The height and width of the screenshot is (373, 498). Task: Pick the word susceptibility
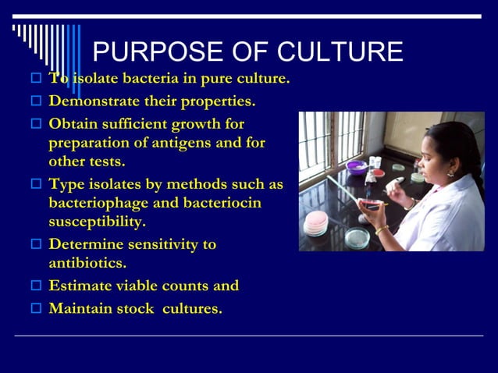coord(97,222)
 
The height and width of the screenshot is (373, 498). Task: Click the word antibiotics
coord(87,264)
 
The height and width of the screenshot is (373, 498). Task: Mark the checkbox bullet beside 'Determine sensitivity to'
coord(34,244)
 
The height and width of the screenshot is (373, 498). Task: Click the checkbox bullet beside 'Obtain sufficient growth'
coord(34,124)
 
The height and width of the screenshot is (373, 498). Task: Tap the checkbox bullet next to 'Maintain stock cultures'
coord(34,308)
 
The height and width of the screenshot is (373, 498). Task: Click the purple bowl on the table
coord(356,167)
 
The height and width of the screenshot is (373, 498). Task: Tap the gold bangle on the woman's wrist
coord(382,229)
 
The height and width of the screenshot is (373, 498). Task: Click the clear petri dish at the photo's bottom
coord(357,237)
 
